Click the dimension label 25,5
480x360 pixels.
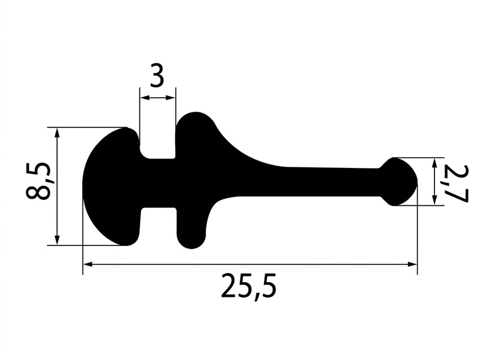[x=248, y=287]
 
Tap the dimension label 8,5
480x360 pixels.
[x=38, y=181]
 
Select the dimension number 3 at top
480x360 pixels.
[x=157, y=76]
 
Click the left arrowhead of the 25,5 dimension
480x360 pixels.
[x=88, y=264]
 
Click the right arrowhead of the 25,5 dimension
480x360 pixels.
[x=412, y=264]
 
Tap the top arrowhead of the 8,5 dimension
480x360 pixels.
[x=57, y=133]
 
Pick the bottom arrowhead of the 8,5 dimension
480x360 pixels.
[x=57, y=240]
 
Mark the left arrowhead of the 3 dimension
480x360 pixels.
[x=145, y=98]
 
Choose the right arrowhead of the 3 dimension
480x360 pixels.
[x=171, y=98]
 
